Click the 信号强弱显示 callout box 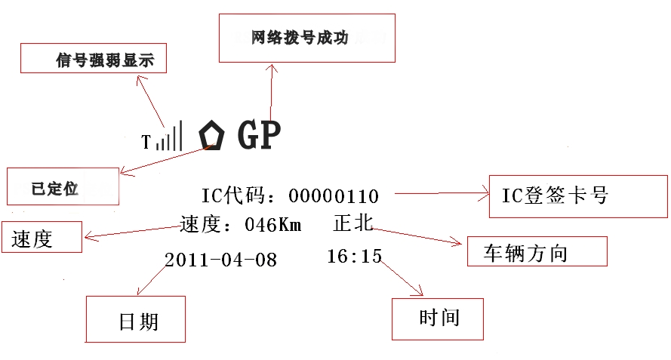coord(93,58)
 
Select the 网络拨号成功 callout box coord(306,38)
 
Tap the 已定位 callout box coord(63,186)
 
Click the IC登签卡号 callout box coord(577,196)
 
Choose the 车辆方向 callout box coord(537,251)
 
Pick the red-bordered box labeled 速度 coord(42,238)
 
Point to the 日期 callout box coord(136,318)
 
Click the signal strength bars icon coord(169,137)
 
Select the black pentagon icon coord(212,136)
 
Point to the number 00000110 coord(334,197)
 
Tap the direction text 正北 coord(352,223)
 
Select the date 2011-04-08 coord(220,260)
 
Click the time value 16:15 coord(354,257)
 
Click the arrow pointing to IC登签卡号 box coord(442,194)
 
